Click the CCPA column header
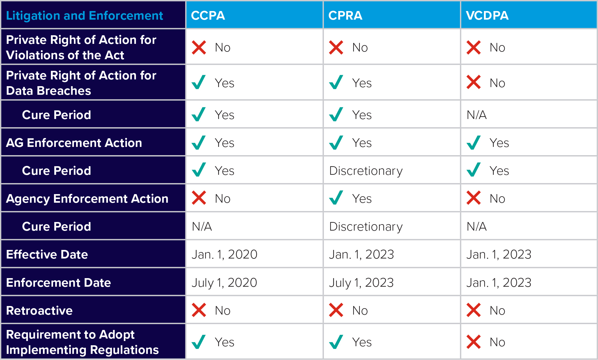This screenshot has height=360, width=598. click(x=208, y=16)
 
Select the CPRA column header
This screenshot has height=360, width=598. click(x=345, y=16)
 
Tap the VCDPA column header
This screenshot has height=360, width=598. click(x=487, y=16)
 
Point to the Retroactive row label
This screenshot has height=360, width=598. click(x=39, y=311)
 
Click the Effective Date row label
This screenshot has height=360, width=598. click(x=47, y=255)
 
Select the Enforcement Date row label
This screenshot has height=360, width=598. click(x=58, y=283)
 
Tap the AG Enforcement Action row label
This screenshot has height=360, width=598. click(x=74, y=143)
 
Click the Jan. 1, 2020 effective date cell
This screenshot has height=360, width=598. click(x=224, y=255)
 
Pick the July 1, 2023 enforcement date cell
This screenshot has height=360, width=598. click(x=361, y=283)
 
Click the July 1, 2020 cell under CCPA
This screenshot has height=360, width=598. click(x=224, y=283)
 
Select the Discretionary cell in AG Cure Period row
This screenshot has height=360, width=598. click(x=366, y=171)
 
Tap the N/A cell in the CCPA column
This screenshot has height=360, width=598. click(x=202, y=227)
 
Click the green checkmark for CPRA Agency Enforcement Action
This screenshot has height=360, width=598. click(x=336, y=198)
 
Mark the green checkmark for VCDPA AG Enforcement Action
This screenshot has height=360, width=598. click(x=473, y=142)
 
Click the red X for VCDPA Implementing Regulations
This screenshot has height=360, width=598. click(x=473, y=342)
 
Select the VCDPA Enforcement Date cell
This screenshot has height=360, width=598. click(x=499, y=283)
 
